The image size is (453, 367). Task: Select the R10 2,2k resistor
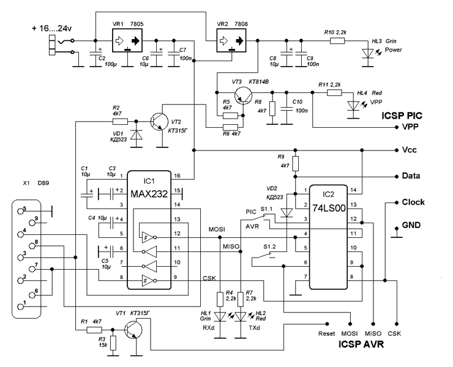(x=338, y=40)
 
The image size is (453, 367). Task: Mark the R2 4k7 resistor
(x=119, y=121)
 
